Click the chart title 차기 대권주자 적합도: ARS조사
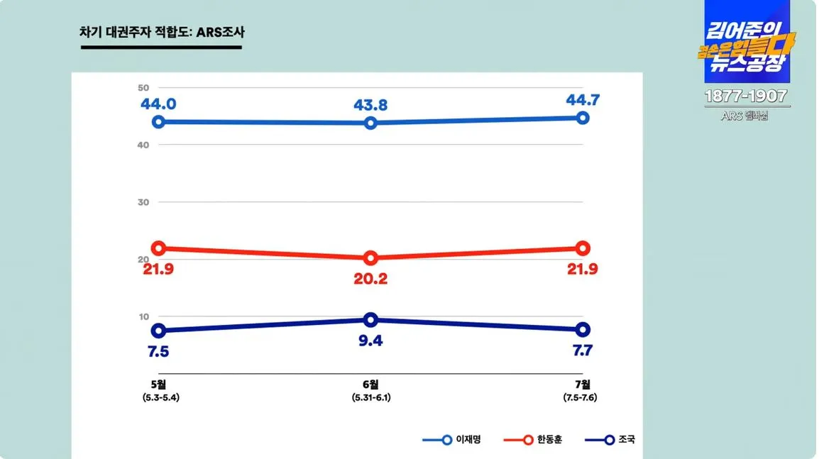(162, 33)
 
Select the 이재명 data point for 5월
(159, 122)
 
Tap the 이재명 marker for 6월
(370, 123)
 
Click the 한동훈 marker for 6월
(370, 258)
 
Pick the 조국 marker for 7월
(583, 329)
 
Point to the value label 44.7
(583, 100)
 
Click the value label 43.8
(370, 105)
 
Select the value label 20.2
(370, 279)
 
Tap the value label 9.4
(370, 341)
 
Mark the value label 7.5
(159, 351)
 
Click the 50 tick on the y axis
(143, 87)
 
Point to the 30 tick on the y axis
(143, 202)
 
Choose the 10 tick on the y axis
(143, 316)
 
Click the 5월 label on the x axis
(159, 385)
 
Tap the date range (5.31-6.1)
(371, 397)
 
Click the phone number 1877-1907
(746, 96)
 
